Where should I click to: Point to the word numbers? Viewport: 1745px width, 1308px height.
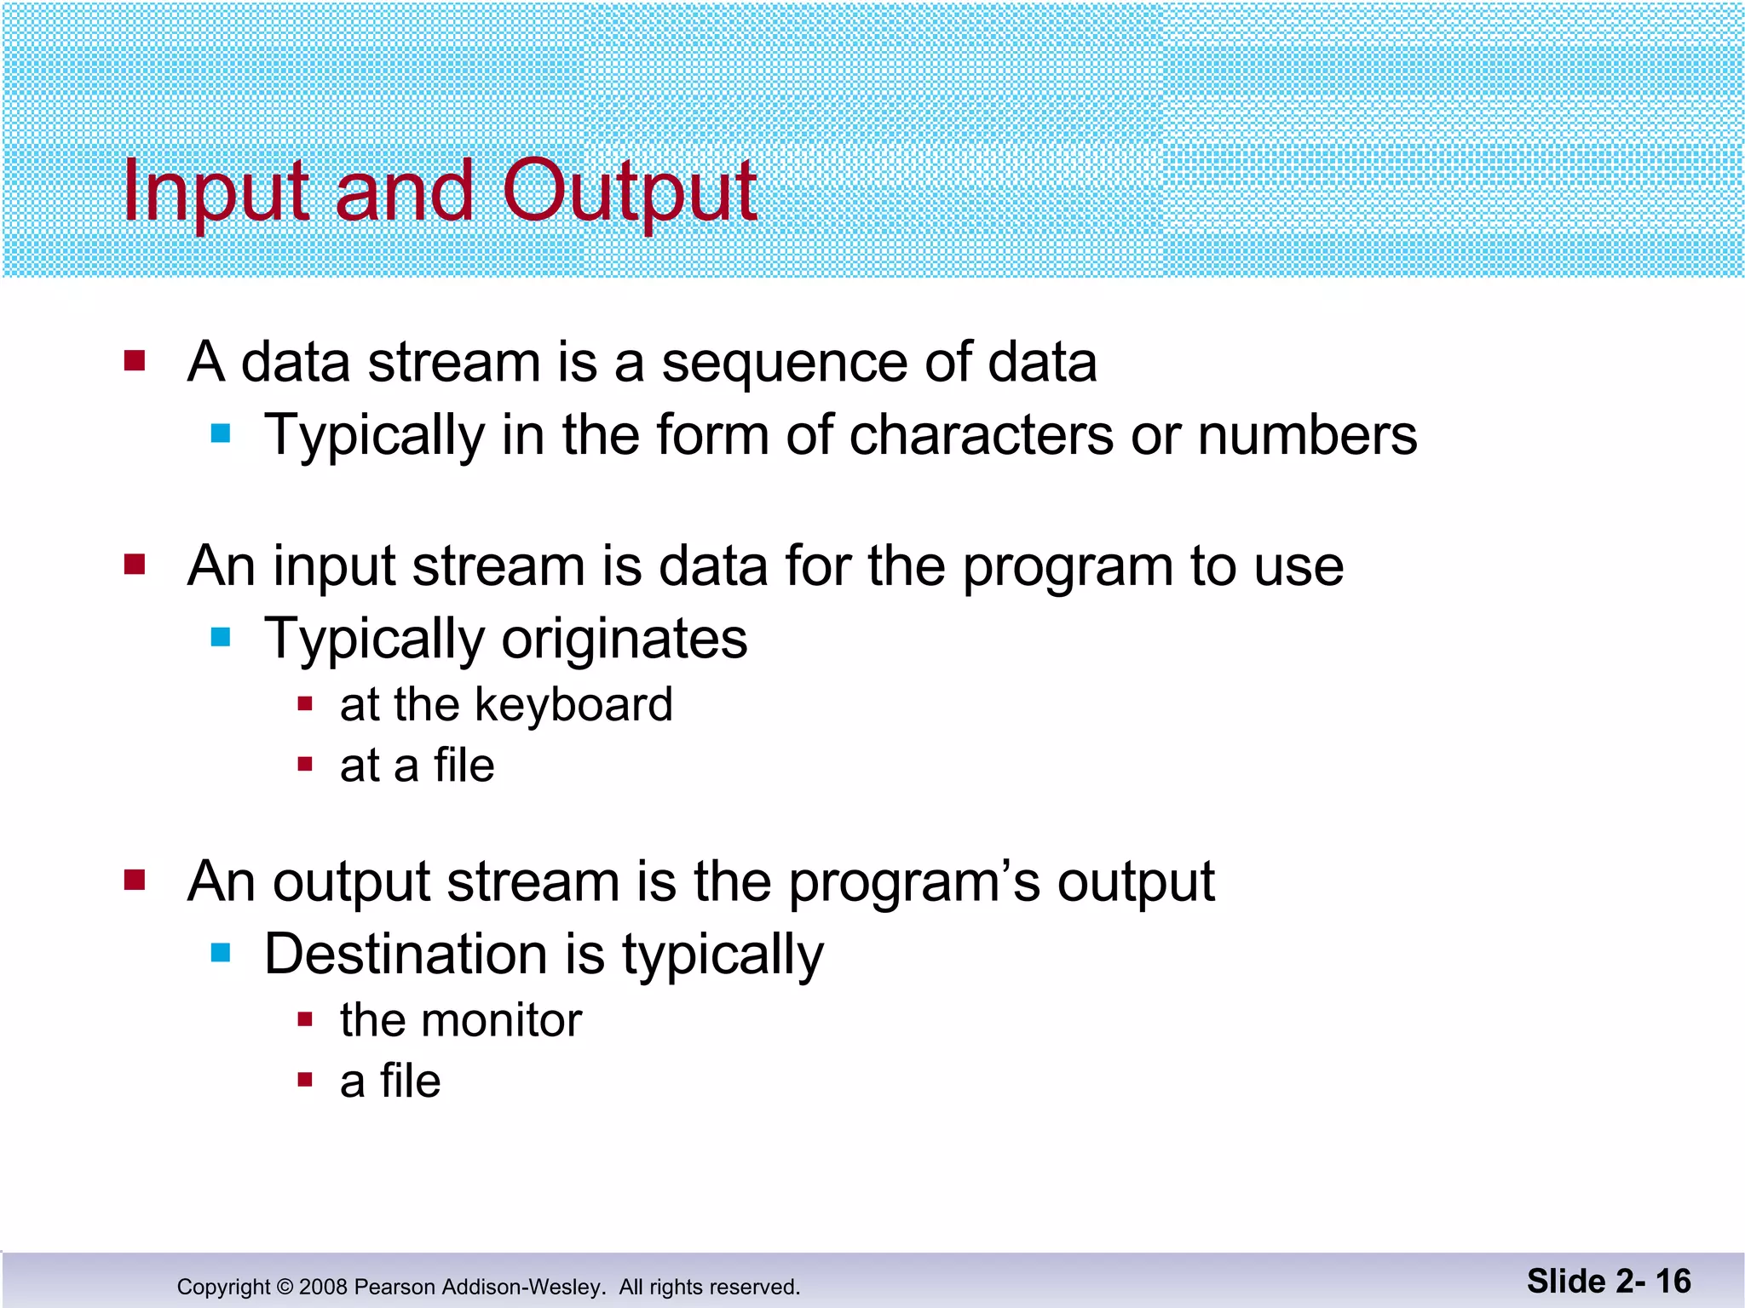[x=1307, y=436]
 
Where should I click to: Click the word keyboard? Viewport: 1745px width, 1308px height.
[x=573, y=705]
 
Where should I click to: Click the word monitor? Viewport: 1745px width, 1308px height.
[x=501, y=1020]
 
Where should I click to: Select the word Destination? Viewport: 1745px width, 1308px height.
[x=406, y=955]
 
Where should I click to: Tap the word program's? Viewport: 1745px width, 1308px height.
[x=914, y=882]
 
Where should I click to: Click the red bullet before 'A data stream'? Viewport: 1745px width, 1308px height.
[x=135, y=361]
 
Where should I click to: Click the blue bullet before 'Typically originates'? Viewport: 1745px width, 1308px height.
[x=221, y=637]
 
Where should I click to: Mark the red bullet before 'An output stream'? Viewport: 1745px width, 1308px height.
[x=135, y=880]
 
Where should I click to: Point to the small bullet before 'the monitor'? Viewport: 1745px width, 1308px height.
[x=305, y=1019]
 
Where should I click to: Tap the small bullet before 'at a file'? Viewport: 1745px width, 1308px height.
[x=305, y=764]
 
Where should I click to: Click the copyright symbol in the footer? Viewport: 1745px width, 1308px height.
[x=285, y=1287]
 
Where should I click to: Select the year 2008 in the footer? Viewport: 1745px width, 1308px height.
[x=323, y=1287]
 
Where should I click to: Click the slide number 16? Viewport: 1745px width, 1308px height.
[x=1673, y=1282]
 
